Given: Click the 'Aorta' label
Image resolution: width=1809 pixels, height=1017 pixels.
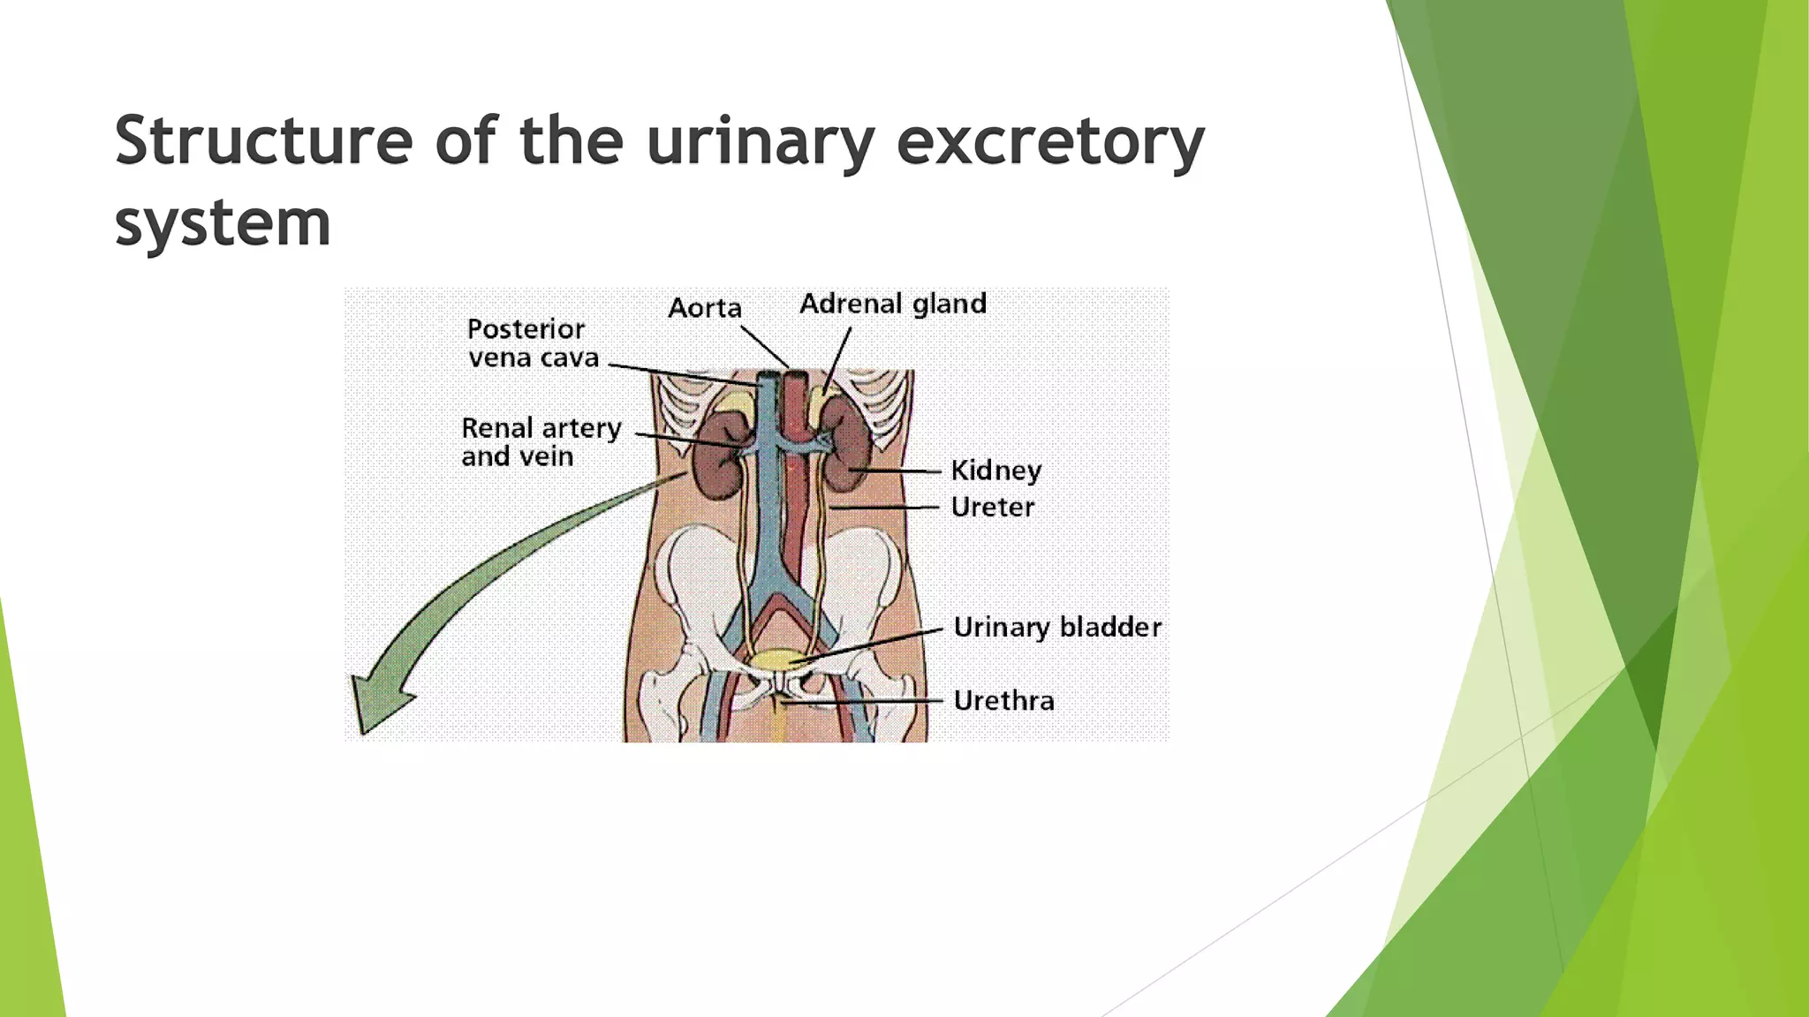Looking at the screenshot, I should click(704, 308).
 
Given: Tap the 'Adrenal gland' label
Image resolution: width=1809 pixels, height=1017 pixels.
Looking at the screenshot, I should click(892, 304).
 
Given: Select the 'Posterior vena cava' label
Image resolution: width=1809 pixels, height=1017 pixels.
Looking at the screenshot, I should click(533, 343).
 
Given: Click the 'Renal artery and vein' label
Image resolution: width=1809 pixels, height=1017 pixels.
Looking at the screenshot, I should click(541, 441).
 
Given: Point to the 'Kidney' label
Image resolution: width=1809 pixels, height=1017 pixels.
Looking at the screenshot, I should click(995, 471).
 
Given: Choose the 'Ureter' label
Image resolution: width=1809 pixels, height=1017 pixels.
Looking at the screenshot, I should click(992, 508).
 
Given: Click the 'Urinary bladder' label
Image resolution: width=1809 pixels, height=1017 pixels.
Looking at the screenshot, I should click(1056, 628).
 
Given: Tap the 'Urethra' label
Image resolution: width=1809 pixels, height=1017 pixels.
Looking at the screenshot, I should click(1003, 701).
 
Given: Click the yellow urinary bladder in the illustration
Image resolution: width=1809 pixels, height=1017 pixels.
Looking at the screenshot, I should click(774, 659).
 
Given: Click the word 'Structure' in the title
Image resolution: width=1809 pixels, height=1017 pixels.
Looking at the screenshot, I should click(263, 141).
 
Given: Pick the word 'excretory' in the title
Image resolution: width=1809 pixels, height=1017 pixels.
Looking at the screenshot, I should click(1049, 141).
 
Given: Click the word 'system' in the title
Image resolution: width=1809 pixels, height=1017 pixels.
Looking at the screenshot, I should click(223, 222).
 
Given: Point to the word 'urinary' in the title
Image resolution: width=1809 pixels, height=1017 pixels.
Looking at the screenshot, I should click(760, 141).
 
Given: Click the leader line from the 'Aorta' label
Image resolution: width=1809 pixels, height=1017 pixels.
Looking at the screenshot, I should click(764, 346).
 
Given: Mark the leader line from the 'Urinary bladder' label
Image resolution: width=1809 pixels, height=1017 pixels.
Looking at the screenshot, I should click(870, 646).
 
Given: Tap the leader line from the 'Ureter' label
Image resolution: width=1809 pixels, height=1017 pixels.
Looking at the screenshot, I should click(883, 508).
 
